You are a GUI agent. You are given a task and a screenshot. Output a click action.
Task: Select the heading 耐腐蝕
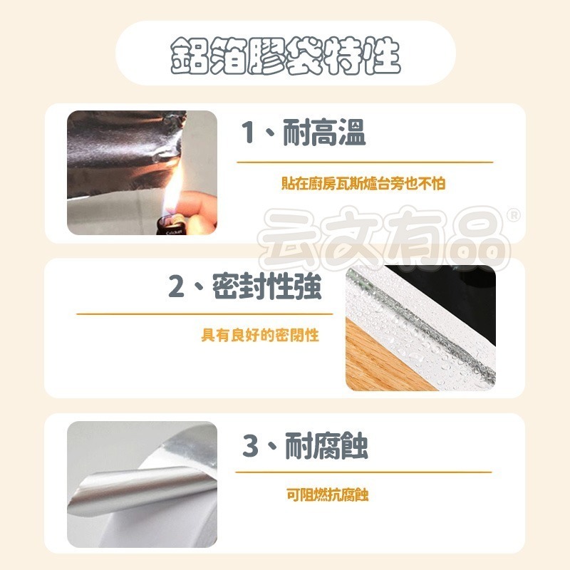(326, 447)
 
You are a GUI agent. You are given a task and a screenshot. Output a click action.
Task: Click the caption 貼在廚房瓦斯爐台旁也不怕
(363, 184)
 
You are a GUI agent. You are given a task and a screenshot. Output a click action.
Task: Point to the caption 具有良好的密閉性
(260, 335)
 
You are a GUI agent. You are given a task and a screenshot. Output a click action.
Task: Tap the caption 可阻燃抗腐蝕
(327, 495)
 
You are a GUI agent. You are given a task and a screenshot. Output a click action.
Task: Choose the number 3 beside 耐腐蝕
(250, 447)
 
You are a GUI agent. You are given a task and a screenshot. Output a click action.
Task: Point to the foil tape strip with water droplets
(420, 313)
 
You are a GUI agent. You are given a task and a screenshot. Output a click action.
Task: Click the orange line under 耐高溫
(364, 162)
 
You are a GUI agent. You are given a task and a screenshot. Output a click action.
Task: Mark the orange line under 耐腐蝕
(363, 472)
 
